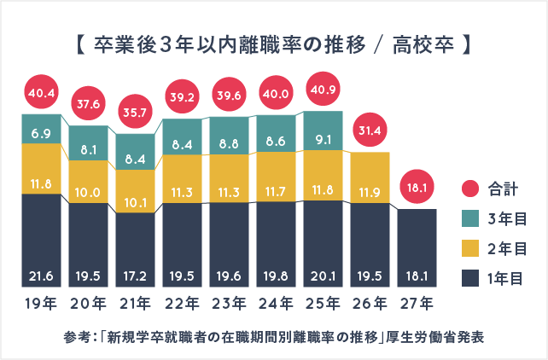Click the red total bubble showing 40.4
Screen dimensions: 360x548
click(42, 91)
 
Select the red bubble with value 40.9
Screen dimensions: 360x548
click(323, 90)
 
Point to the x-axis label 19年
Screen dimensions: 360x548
click(42, 302)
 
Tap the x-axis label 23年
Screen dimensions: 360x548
click(229, 302)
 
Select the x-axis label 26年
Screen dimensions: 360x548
click(370, 302)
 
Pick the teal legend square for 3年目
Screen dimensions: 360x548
click(469, 218)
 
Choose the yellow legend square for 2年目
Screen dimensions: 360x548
click(469, 247)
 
